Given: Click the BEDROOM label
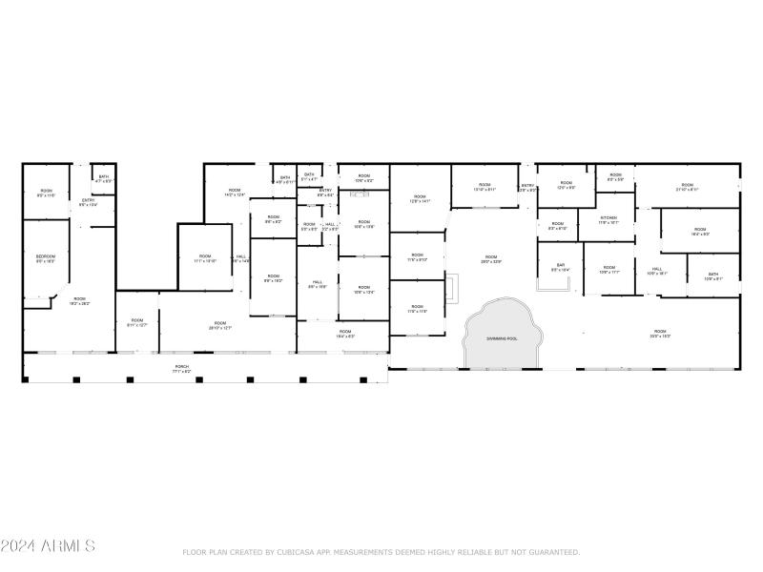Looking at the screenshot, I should click(45, 257).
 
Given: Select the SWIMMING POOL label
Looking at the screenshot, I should click(503, 338).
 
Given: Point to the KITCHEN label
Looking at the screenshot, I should click(608, 218).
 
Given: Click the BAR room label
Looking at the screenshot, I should click(561, 266).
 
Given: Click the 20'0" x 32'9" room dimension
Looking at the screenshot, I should click(490, 261).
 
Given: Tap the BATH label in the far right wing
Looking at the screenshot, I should click(712, 274).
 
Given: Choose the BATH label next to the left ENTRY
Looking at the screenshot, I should click(103, 176).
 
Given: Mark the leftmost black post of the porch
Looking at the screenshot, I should click(27, 380).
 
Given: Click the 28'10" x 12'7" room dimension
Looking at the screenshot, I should click(220, 328).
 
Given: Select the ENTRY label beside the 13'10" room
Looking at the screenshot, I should click(527, 186).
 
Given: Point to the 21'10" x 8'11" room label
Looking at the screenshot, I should click(687, 187).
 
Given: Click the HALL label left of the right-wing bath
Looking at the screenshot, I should click(657, 269).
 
